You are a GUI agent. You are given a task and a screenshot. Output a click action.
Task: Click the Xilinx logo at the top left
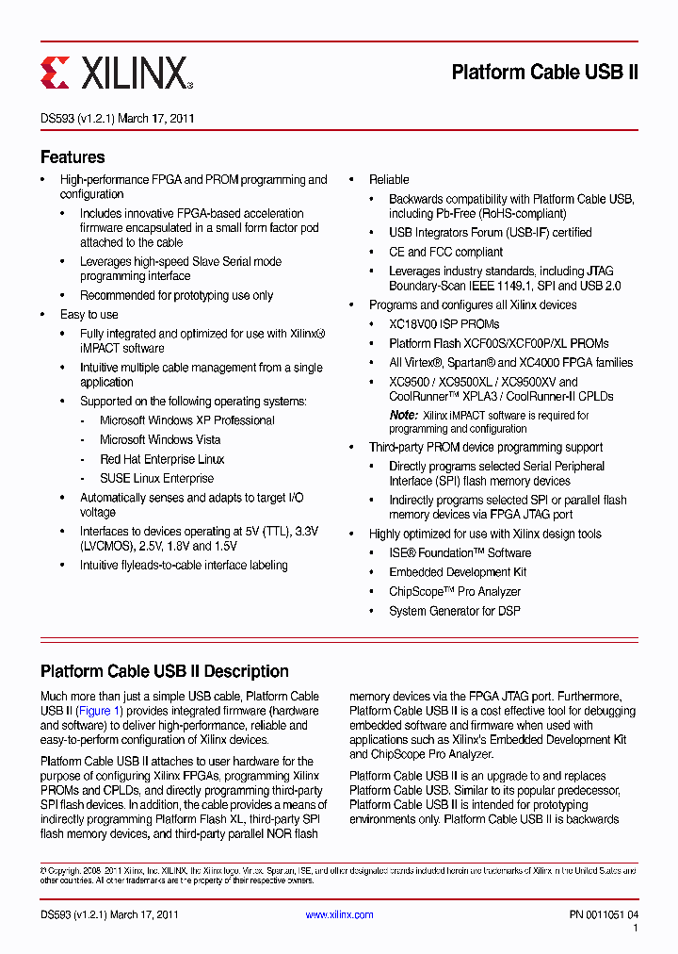(116, 72)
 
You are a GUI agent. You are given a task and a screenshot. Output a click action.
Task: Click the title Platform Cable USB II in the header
(544, 73)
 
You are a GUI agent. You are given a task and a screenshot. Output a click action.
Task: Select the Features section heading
(73, 157)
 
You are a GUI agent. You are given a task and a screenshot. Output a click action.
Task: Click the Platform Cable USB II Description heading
(164, 671)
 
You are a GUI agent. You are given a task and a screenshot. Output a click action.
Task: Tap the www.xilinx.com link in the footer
(339, 914)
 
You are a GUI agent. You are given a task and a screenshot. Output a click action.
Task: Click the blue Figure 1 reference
(99, 711)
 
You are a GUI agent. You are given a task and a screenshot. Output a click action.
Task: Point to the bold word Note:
(403, 415)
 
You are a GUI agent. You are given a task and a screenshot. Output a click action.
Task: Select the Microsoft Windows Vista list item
(160, 439)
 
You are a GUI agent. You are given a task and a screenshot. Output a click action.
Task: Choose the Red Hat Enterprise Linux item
(162, 459)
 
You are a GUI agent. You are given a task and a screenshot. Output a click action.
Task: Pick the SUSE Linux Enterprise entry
(156, 478)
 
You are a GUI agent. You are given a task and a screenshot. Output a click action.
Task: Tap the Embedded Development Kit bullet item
(458, 572)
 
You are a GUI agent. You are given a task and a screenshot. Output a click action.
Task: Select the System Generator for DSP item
(455, 611)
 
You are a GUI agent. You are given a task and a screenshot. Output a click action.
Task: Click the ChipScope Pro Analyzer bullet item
(455, 591)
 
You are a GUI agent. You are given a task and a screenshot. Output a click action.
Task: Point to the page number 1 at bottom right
(636, 929)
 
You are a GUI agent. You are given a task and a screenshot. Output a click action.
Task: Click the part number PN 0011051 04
(604, 914)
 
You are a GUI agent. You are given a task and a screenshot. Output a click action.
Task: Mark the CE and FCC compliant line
(445, 252)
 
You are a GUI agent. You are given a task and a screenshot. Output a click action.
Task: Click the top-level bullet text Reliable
(389, 179)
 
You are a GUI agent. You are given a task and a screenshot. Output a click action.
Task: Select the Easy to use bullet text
(89, 314)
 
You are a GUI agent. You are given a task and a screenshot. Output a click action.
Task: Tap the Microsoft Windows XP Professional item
(187, 420)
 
